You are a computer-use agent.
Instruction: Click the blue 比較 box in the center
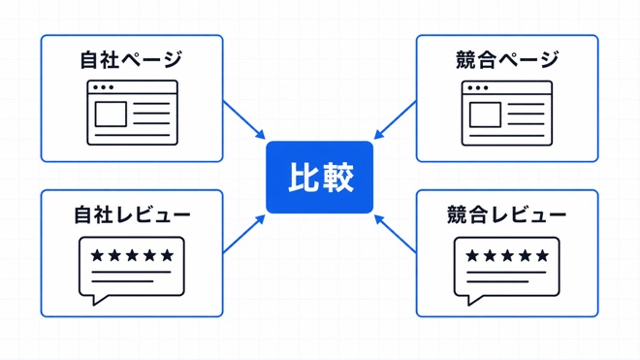pos(320,178)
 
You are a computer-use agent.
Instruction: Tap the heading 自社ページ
pos(132,59)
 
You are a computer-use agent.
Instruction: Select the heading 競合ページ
pos(507,59)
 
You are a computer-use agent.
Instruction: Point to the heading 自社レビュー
pos(132,214)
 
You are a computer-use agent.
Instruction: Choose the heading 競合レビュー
pos(507,214)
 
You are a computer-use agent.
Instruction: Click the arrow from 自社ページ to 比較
pos(244,119)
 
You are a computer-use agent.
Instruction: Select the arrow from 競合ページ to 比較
pos(395,119)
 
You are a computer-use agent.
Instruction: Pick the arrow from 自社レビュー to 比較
pos(244,234)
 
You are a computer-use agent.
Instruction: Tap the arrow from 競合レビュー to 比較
pos(395,234)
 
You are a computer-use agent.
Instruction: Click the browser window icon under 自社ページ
pos(132,113)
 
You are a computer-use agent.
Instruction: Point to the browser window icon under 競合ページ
pos(507,114)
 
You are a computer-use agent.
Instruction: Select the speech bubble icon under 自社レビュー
pos(132,271)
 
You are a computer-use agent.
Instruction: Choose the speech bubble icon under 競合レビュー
pos(506,271)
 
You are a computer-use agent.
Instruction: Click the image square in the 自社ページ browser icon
pos(111,115)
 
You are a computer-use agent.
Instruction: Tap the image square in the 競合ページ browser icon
pos(485,115)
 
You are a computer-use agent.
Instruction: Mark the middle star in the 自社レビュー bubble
pos(132,255)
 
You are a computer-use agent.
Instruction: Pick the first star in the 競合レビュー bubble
pos(472,256)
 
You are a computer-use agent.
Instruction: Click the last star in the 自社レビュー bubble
pos(167,255)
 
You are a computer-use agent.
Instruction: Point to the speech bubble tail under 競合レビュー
pos(473,300)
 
